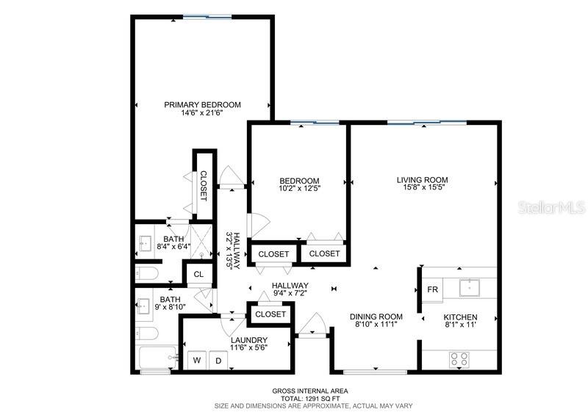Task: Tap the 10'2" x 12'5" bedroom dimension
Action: pyautogui.click(x=299, y=189)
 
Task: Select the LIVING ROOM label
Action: pyautogui.click(x=422, y=180)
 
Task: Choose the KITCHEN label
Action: pyautogui.click(x=460, y=317)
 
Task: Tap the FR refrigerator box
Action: pyautogui.click(x=433, y=289)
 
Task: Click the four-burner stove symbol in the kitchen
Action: pyautogui.click(x=459, y=358)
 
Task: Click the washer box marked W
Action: pyautogui.click(x=196, y=360)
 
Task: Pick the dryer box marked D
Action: pyautogui.click(x=218, y=360)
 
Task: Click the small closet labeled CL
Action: pyautogui.click(x=198, y=275)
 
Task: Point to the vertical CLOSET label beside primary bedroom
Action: pyautogui.click(x=204, y=187)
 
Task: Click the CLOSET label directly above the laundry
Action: pyautogui.click(x=270, y=314)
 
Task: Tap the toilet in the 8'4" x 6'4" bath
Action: pyautogui.click(x=146, y=274)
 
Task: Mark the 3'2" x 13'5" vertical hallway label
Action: pyautogui.click(x=233, y=250)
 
